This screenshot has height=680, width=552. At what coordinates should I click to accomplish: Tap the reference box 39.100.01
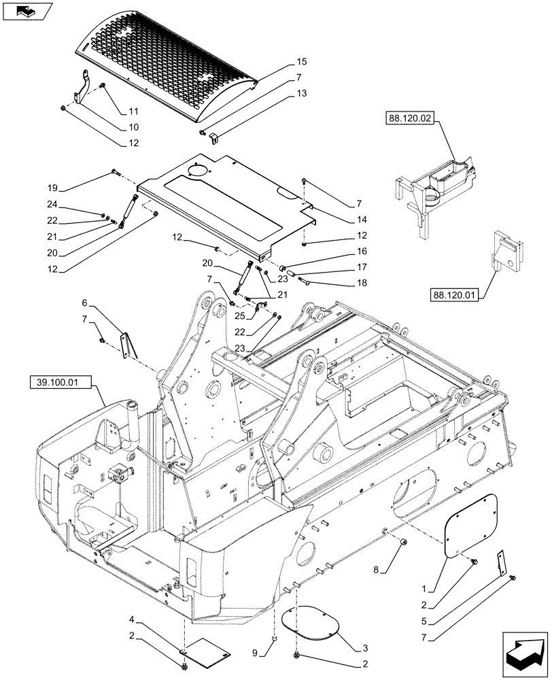59,383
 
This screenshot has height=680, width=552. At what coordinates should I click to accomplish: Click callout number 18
360,282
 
